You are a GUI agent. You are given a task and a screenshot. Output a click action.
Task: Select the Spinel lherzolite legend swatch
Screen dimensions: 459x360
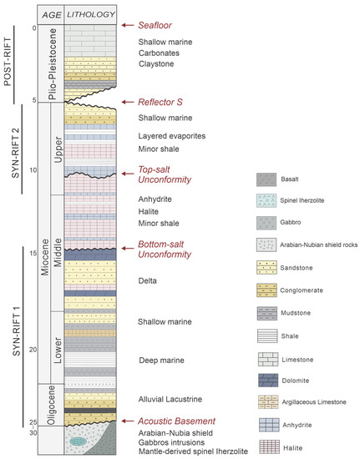point(267,199)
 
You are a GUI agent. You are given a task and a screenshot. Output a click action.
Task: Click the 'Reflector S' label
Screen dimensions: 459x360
point(160,101)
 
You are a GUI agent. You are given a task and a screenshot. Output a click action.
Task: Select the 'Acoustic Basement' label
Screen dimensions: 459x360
point(173,422)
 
